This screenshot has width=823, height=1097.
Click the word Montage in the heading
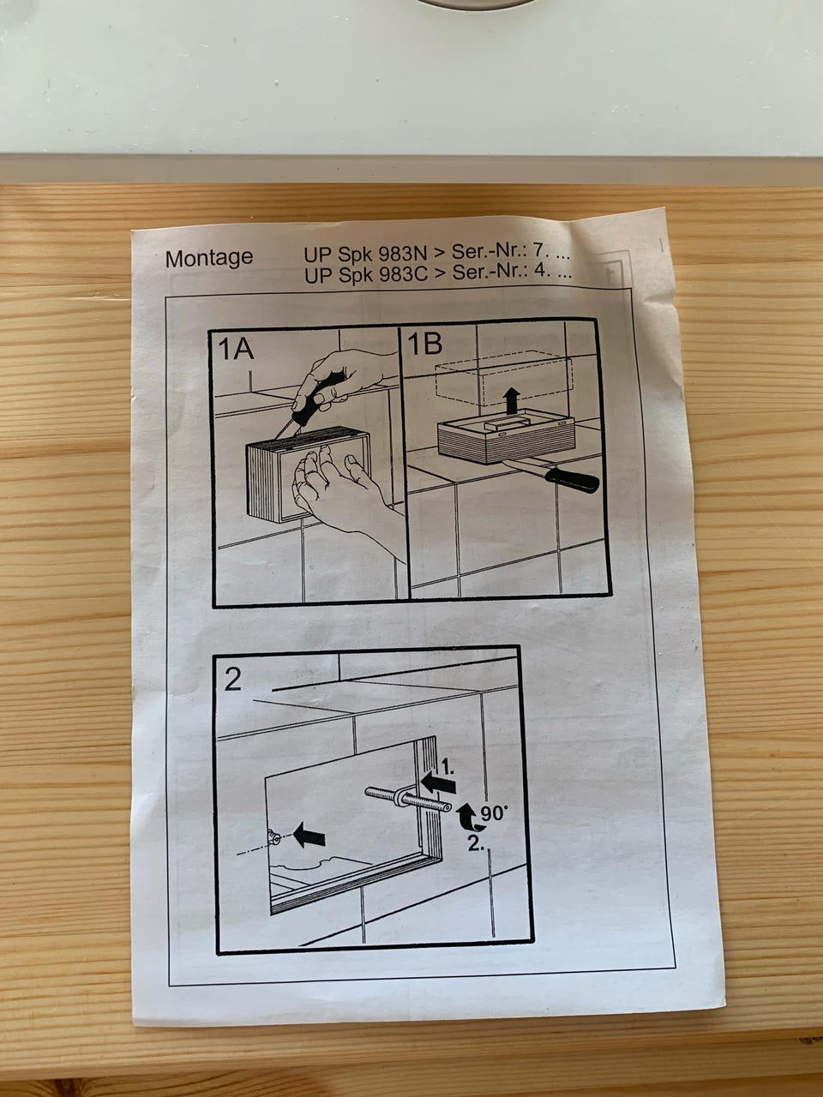pos(209,258)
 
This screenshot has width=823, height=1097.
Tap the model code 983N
pos(403,254)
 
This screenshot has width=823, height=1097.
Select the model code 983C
pos(403,274)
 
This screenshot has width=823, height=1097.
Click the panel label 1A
pos(236,349)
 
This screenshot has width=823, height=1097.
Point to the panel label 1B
pos(424,344)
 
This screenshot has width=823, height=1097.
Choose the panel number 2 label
pos(233,680)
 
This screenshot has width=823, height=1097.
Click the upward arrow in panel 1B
pos(511,401)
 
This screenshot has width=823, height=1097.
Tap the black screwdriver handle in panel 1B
pos(572,479)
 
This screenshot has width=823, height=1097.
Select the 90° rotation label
pos(494,813)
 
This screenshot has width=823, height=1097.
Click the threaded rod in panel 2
pos(408,799)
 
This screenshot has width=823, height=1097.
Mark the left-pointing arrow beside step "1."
pos(438,783)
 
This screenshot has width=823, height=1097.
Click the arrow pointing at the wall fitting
pos(309,836)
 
